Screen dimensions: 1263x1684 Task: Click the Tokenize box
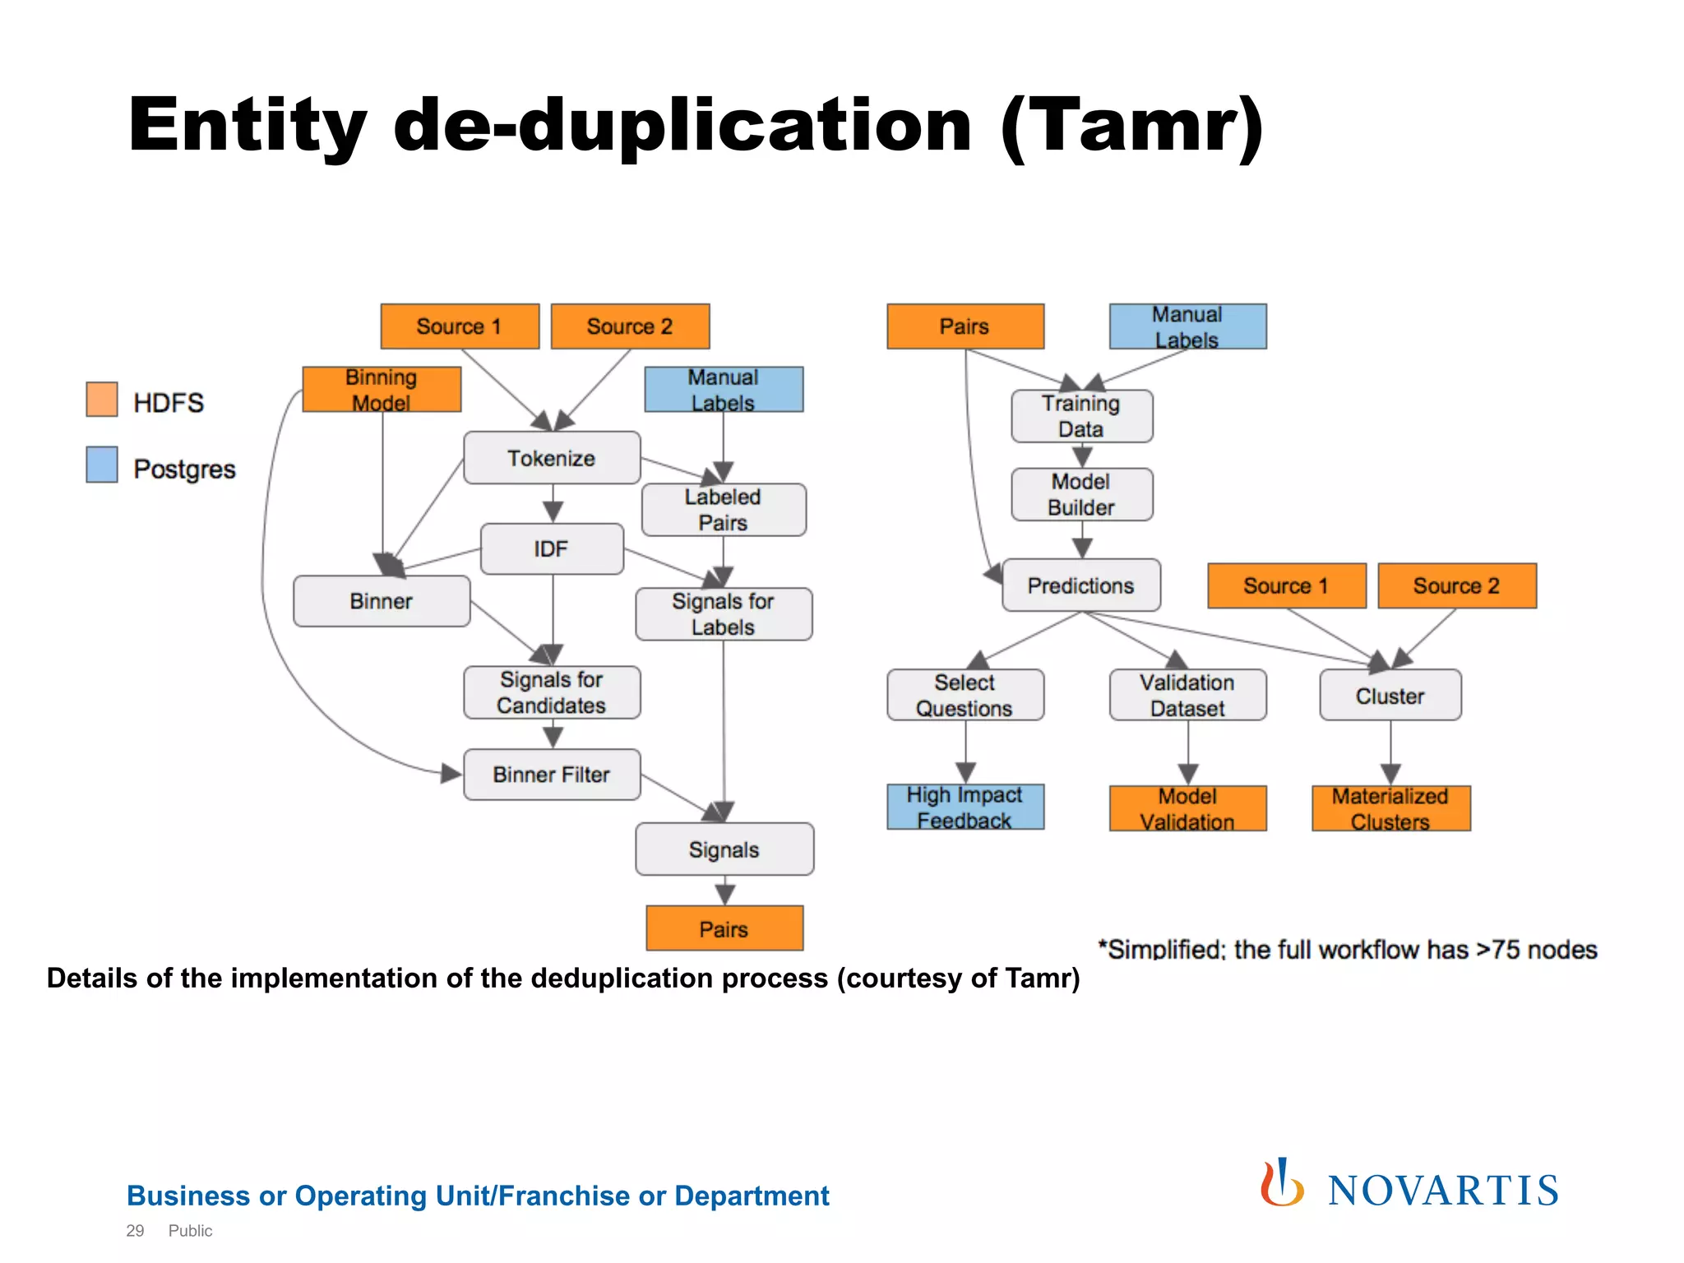coord(552,458)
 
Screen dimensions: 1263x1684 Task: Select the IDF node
coord(552,548)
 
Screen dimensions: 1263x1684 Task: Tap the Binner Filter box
coord(552,775)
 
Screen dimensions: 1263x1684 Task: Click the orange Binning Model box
coord(382,390)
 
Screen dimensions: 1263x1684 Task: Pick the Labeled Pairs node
coord(724,510)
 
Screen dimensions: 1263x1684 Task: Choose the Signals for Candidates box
coord(552,692)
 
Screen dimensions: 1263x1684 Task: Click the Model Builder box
coord(1081,494)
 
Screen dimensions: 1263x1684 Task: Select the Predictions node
coord(1081,585)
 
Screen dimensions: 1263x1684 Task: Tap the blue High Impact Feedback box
coord(965,807)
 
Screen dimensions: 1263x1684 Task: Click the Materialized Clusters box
coord(1390,808)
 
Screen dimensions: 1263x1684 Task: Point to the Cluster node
coord(1390,696)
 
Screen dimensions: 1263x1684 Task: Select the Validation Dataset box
coord(1187,696)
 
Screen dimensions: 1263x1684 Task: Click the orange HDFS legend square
coord(102,400)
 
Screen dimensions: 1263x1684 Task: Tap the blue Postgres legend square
coord(102,465)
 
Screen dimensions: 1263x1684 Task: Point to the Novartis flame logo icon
coord(1281,1184)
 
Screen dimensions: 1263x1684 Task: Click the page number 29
coord(135,1231)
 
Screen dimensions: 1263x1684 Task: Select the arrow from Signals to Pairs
coord(724,891)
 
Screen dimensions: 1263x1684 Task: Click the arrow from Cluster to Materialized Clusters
coord(1390,753)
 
